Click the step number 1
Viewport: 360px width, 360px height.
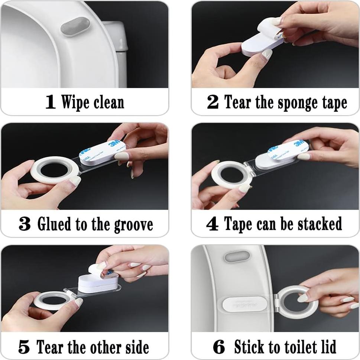(x=51, y=102)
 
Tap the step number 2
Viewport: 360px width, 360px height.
(x=213, y=102)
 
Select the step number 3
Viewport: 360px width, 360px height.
(x=25, y=224)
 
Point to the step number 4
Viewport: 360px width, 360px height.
(x=212, y=224)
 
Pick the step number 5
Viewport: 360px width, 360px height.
(x=24, y=347)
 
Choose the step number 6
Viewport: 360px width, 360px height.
(x=219, y=347)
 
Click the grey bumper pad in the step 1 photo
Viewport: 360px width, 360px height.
(x=75, y=26)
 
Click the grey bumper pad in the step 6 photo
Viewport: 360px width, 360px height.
(x=237, y=257)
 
